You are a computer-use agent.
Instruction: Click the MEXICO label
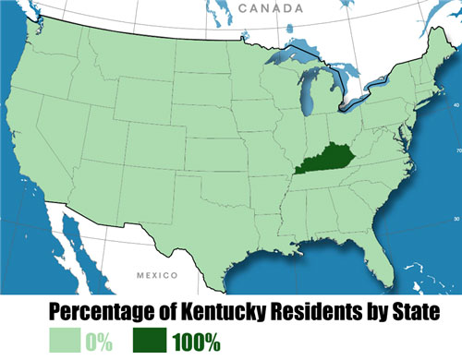[153, 276]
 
